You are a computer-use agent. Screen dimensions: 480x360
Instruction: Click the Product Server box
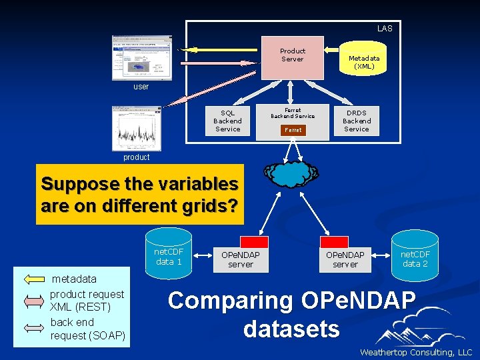coord(292,57)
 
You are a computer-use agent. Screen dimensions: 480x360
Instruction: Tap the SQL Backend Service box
coord(227,121)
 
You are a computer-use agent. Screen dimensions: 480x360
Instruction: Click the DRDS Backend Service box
coord(356,121)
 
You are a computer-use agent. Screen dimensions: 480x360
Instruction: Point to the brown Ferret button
coord(293,130)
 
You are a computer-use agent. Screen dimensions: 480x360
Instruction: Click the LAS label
coord(385,29)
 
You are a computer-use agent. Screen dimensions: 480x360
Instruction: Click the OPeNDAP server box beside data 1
coord(241,259)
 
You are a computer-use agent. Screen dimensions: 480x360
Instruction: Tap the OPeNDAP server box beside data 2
coord(345,259)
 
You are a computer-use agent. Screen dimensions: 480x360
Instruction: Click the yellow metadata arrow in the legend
coord(33,279)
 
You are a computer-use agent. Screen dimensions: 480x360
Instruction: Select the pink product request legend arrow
coord(33,301)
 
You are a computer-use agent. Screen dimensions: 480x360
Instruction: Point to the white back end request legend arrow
coord(33,327)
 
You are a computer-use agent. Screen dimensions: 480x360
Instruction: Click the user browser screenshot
coord(141,58)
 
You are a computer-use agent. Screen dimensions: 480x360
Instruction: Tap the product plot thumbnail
coord(137,129)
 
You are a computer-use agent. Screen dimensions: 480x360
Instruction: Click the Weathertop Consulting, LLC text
coord(415,352)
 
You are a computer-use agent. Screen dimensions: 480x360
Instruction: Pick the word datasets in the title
coord(291,329)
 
